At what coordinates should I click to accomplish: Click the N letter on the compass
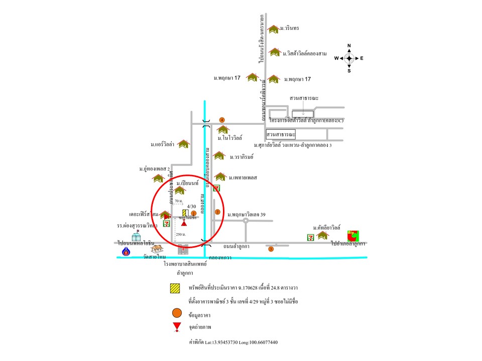pos(349,46)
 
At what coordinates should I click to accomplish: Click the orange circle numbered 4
pos(221,120)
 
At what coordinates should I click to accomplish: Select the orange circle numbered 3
pos(271,249)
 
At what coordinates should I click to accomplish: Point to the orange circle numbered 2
pos(217,212)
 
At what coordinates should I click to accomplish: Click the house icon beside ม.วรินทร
pos(273,29)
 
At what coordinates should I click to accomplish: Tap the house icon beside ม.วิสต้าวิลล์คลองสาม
pos(274,52)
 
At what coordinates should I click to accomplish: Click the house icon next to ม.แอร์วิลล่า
pos(184,144)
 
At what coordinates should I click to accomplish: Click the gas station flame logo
pos(126,251)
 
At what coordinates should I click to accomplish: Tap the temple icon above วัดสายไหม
pos(157,249)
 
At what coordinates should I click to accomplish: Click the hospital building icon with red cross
pos(183,249)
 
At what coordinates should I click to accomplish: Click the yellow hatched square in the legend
pos(175,288)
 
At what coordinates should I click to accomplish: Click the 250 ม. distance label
pos(181,234)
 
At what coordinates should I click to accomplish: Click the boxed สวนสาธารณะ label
pos(281,135)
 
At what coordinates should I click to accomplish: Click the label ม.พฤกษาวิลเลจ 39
pos(246,215)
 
